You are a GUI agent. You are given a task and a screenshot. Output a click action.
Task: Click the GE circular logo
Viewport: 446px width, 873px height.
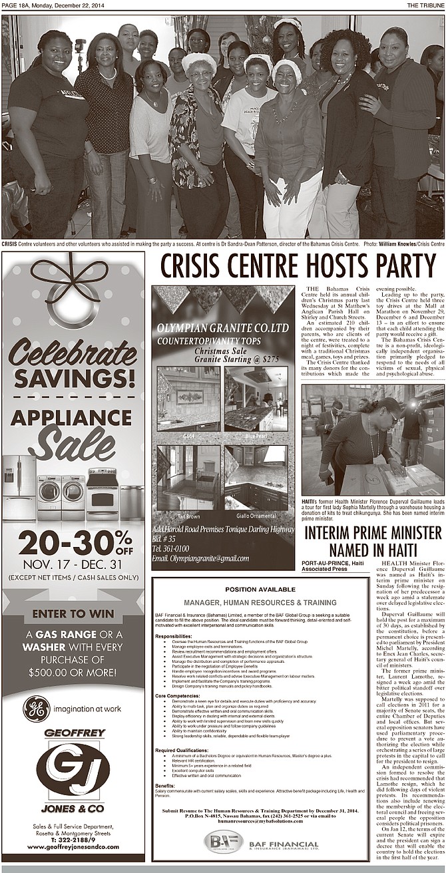pyautogui.click(x=36, y=709)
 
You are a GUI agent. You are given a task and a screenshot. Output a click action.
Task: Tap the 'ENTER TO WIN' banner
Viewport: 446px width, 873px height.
pyautogui.click(x=73, y=613)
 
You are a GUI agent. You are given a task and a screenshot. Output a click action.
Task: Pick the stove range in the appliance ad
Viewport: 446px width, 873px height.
pyautogui.click(x=103, y=494)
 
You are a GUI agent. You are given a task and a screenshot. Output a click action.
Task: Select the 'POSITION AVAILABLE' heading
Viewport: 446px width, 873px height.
pyautogui.click(x=260, y=589)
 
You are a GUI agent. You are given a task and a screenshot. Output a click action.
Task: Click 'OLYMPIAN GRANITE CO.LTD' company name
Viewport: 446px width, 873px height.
pyautogui.click(x=222, y=329)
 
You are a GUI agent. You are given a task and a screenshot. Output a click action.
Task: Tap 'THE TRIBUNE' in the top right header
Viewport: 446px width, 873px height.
pyautogui.click(x=425, y=5)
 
